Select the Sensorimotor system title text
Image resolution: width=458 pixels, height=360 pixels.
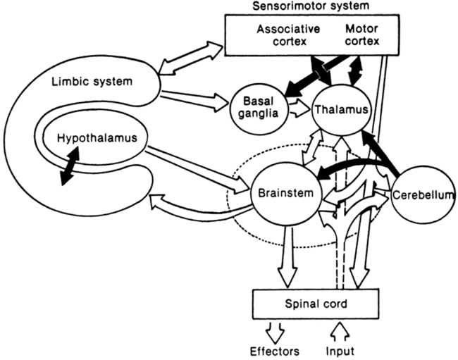299,7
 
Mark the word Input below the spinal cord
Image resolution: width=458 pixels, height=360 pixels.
341,349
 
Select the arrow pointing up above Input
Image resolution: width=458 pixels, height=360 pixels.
340,328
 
